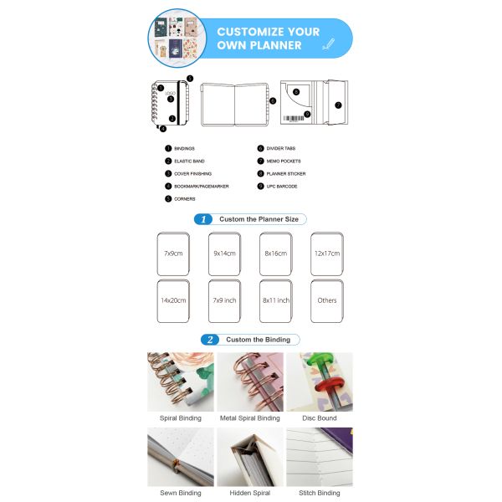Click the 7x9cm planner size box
(174, 254)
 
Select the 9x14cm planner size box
(224, 254)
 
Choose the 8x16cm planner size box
(275, 254)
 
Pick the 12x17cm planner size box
(326, 254)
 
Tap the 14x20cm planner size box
(174, 300)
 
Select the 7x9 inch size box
(224, 300)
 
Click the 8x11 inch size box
(275, 300)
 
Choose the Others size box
(326, 300)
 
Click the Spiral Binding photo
(180, 382)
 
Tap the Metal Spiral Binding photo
(249, 382)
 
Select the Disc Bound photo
(319, 382)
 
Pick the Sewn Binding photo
(180, 457)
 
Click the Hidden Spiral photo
(249, 457)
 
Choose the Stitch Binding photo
(319, 457)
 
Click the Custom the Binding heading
(258, 340)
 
